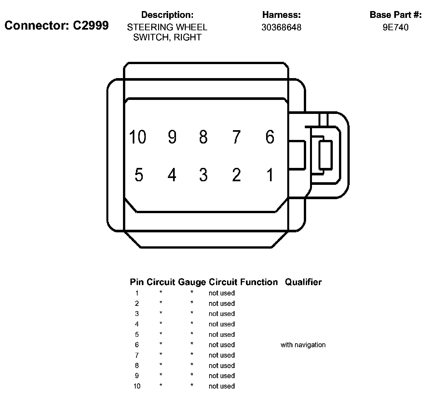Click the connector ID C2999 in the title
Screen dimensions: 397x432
[x=90, y=25]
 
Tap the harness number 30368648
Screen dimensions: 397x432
[x=281, y=27]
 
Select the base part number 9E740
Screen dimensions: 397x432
[x=396, y=27]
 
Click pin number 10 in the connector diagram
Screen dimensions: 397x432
[x=138, y=137]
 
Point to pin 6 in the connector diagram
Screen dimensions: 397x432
[x=270, y=137]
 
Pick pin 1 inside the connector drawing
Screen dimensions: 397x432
[x=270, y=175]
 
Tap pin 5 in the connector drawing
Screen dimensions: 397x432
[x=139, y=175]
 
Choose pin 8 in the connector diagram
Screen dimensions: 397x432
[x=203, y=137]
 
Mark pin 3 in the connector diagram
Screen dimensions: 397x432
[x=203, y=175]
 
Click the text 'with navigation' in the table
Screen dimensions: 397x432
[x=303, y=345]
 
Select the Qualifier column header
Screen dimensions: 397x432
[x=303, y=282]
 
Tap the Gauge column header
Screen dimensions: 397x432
[x=192, y=282]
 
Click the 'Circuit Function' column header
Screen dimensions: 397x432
[x=243, y=282]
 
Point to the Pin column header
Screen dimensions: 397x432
[x=137, y=282]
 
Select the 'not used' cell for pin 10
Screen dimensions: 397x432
[x=222, y=386]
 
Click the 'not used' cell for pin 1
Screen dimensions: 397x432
[x=222, y=293]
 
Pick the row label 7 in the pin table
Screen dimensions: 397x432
[x=137, y=355]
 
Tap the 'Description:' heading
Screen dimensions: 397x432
[x=167, y=15]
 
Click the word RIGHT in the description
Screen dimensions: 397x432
[x=188, y=37]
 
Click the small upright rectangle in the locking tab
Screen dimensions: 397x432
[x=325, y=155]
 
